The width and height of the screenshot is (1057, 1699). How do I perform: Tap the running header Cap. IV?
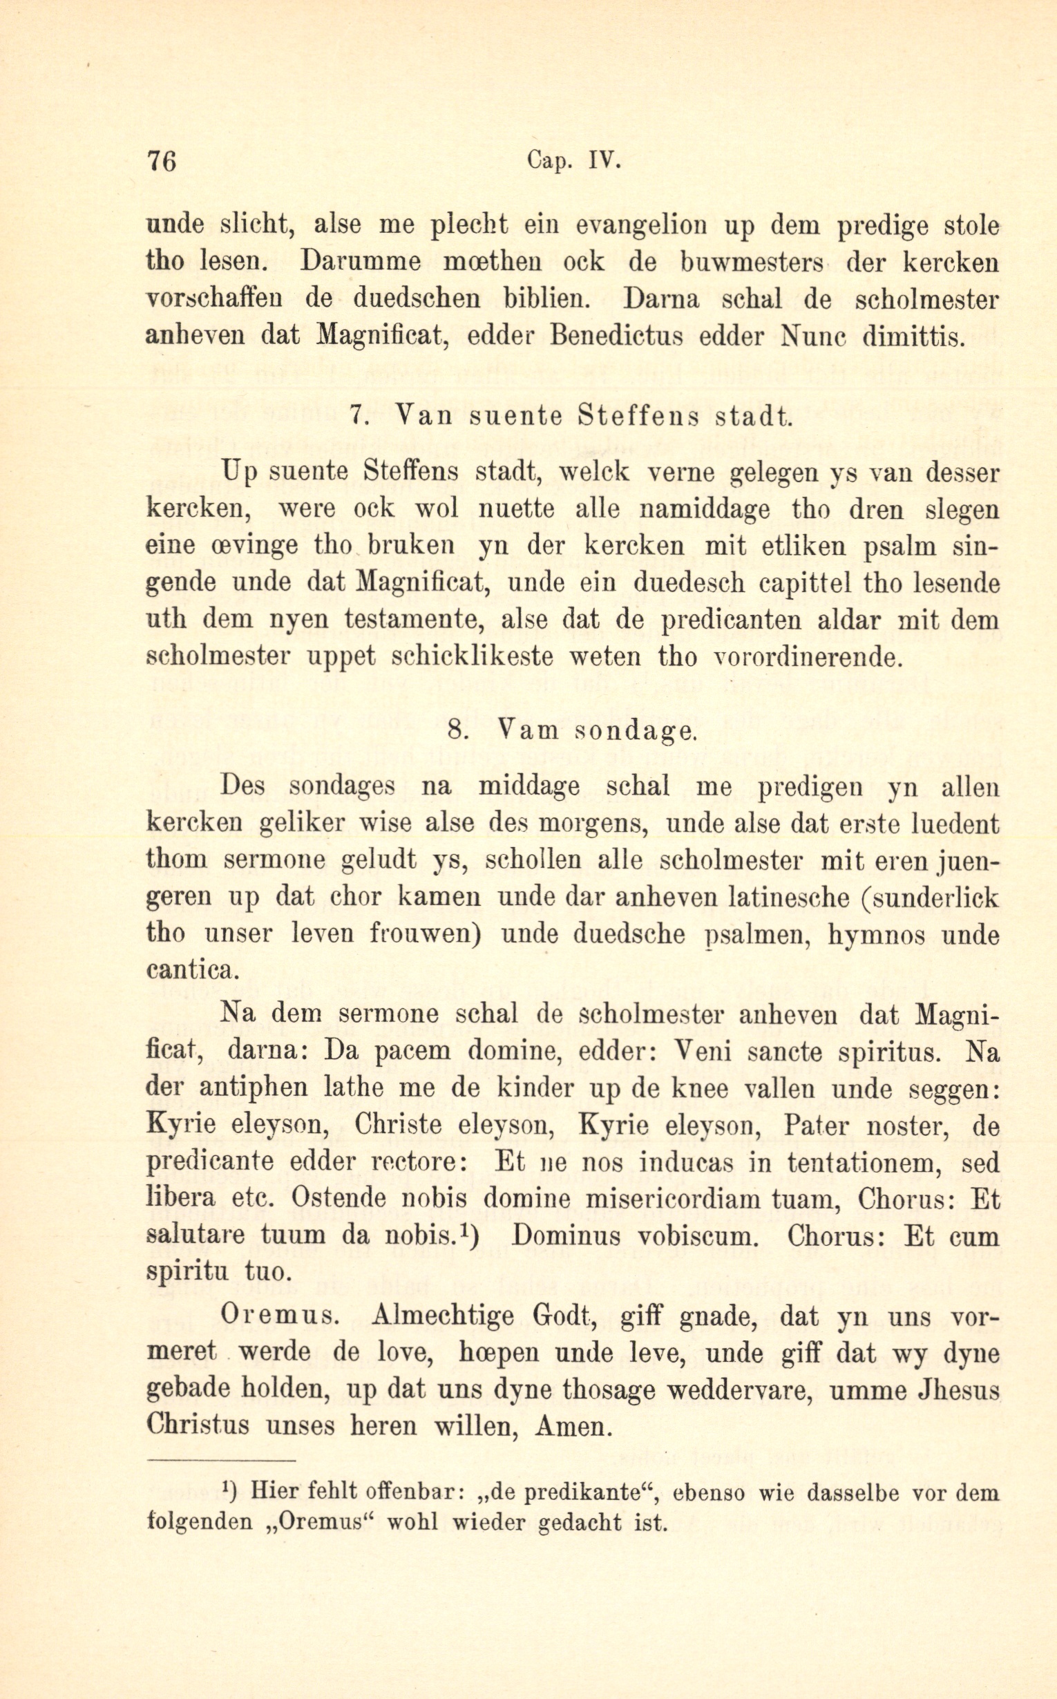pos(575,162)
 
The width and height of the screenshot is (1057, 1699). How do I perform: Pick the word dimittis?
pos(909,336)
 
